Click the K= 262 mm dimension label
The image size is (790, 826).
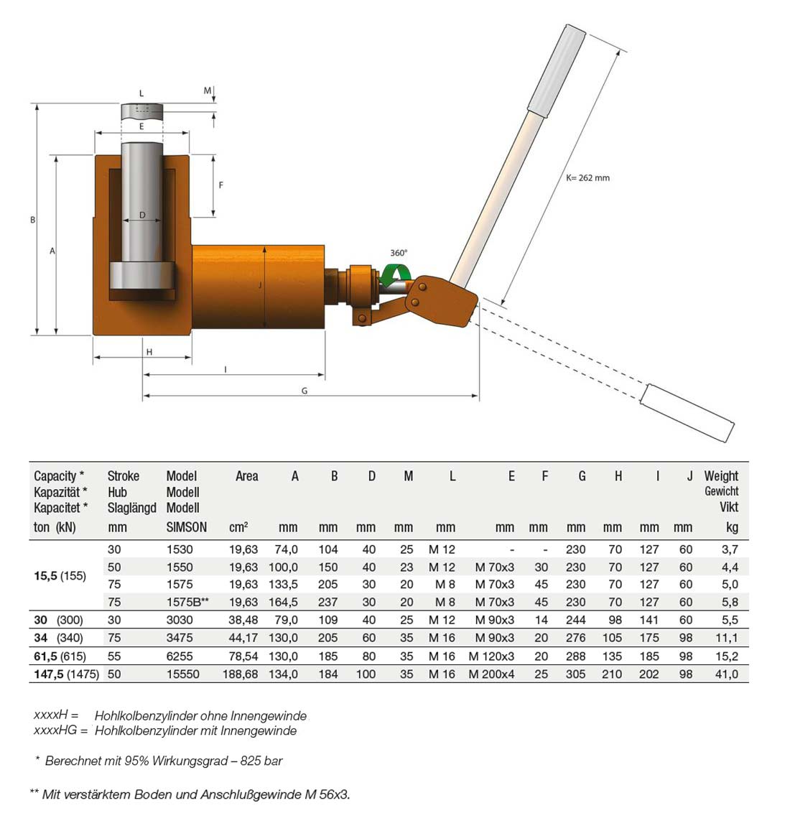[587, 177]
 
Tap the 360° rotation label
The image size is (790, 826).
[399, 253]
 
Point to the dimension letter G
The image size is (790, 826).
[305, 391]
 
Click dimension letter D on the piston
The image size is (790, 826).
[142, 215]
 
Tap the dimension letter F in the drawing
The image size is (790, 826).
[221, 185]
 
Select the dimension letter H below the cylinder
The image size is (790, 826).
[149, 352]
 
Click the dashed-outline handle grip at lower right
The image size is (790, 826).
[688, 413]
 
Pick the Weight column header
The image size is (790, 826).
[721, 475]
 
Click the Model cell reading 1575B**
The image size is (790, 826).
[187, 602]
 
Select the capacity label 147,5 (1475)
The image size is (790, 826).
[66, 674]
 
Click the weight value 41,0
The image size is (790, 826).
[726, 674]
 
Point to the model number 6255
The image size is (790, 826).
[180, 656]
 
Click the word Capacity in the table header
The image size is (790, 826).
[55, 475]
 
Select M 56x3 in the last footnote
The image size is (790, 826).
[329, 794]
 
